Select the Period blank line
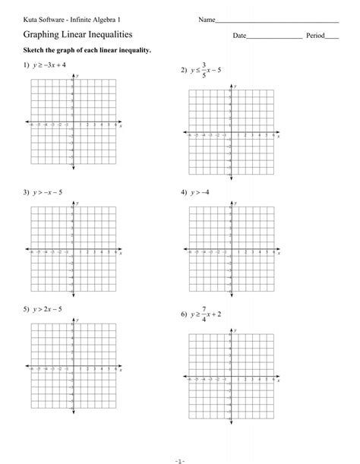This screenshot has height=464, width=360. [x=332, y=38]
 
